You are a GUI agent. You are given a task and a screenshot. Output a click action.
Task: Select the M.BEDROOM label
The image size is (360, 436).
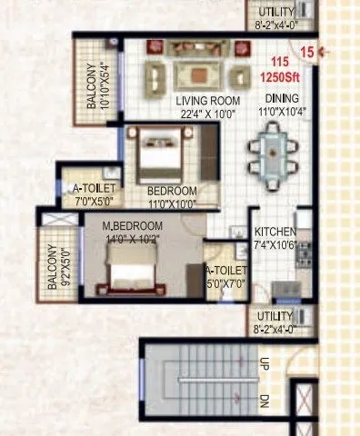[132, 225]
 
